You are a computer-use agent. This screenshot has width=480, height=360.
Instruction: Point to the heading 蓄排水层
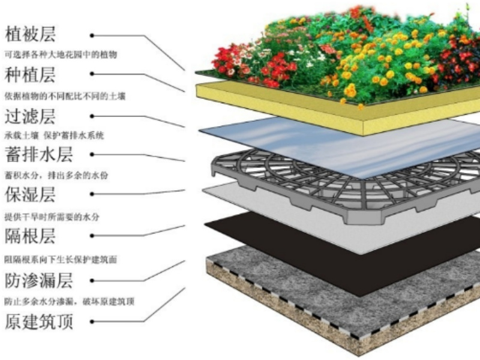39,155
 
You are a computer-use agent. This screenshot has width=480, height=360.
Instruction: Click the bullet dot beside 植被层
92,35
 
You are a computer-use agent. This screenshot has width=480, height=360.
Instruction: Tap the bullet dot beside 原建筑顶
92,322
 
